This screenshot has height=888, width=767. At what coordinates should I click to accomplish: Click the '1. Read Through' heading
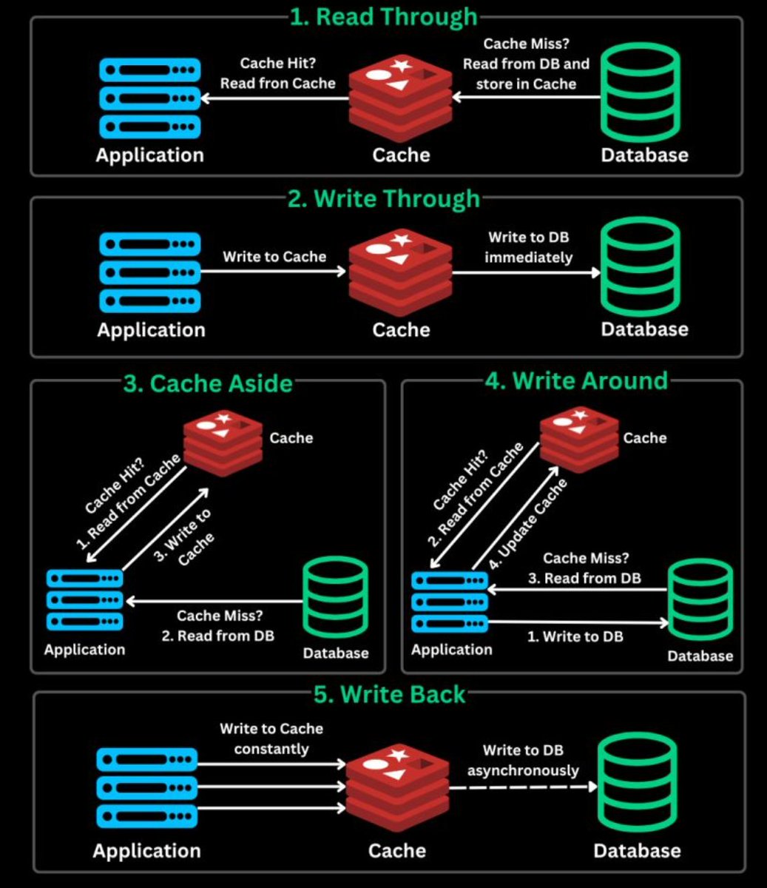(383, 17)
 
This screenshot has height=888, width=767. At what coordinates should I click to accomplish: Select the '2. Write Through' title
(383, 199)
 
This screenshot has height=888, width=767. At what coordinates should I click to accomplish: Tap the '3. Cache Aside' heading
(208, 383)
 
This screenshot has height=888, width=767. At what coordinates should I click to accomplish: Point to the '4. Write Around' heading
(576, 380)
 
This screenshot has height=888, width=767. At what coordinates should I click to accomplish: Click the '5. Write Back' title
(390, 695)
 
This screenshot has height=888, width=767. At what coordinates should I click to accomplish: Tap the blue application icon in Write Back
(147, 787)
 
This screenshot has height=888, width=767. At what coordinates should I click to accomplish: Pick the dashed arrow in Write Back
(522, 787)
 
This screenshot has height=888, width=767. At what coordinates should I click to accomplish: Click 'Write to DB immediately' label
(528, 248)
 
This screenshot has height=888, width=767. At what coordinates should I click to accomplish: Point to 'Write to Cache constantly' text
(271, 739)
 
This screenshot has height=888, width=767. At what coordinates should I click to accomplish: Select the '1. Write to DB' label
(575, 636)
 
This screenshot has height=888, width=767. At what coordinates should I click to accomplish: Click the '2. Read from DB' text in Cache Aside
(217, 636)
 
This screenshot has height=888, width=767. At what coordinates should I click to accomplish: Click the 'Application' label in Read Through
(150, 155)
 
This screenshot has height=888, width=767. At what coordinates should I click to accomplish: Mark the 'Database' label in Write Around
(700, 656)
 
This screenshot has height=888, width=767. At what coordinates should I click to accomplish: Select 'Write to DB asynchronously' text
(522, 761)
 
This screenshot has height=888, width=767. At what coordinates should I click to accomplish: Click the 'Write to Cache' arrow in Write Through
(274, 272)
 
